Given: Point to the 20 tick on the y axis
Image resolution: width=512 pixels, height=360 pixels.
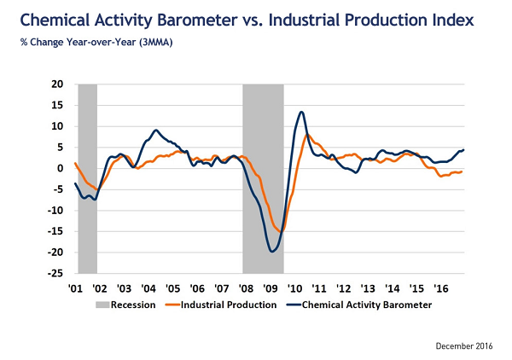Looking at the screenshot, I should pos(59,84).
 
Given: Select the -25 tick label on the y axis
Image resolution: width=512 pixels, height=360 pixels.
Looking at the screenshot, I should pos(56,274).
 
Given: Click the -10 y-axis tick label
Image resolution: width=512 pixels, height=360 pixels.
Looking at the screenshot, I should pos(56,211).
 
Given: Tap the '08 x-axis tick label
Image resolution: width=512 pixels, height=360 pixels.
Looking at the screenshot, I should pos(246,289).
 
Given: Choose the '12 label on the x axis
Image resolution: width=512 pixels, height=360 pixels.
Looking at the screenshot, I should pos(342,289).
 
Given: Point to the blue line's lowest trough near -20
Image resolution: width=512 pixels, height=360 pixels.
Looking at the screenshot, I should pos(272,251).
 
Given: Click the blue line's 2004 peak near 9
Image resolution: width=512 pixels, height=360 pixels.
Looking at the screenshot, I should pos(156,131).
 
